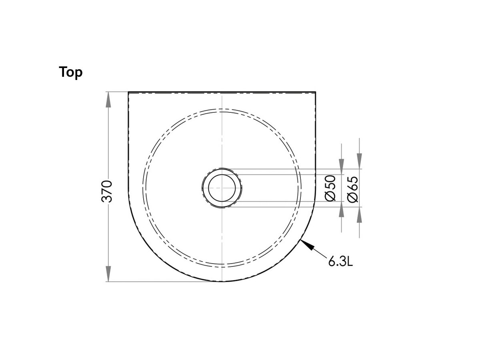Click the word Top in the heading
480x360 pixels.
coord(71,72)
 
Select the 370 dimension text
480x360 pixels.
coord(107,191)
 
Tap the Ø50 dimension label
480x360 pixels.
coord(331,188)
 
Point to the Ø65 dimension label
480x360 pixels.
coord(353,189)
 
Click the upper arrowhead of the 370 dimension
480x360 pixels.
coord(108,100)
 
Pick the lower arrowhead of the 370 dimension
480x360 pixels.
coord(108,274)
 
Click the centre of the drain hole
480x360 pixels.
coord(222,188)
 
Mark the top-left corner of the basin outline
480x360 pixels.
coord(128,92)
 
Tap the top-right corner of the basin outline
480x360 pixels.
coord(315,92)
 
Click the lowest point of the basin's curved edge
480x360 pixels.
coord(222,281)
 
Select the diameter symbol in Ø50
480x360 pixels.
coord(331,196)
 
